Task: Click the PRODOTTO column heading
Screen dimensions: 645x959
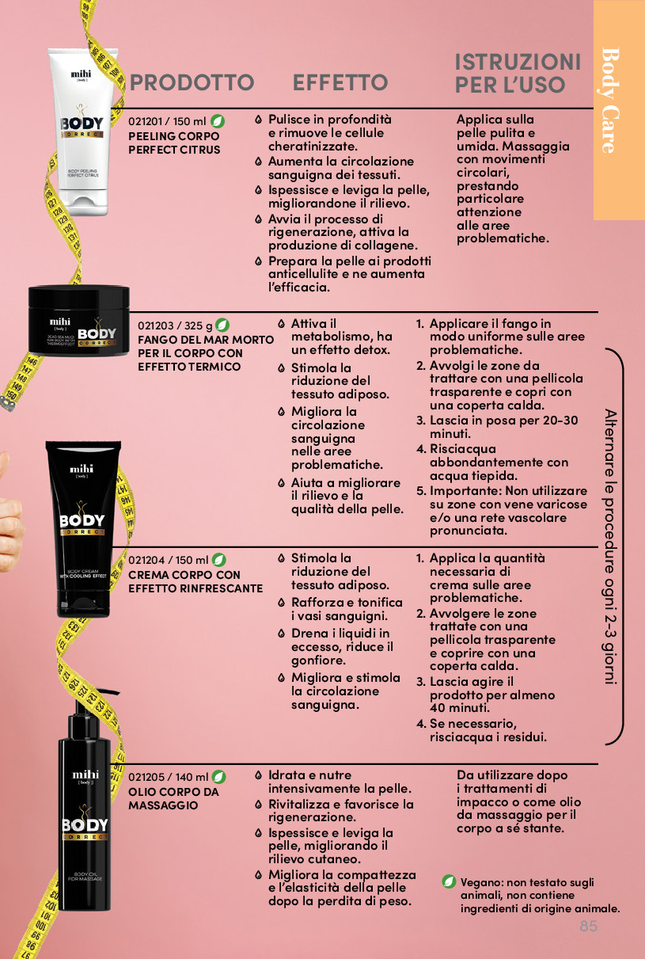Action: pos(192,82)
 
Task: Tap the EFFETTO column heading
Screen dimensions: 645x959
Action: pos(340,82)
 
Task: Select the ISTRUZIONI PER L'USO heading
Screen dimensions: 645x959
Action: pos(518,73)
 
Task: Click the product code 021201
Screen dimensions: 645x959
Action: pos(146,122)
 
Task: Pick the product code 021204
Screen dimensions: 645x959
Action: pos(146,560)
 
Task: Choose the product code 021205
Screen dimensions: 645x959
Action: pos(146,777)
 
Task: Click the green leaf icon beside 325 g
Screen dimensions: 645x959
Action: pos(222,325)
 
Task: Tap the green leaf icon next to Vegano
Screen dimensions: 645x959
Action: pos(449,881)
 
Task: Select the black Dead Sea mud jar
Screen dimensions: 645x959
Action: pos(78,320)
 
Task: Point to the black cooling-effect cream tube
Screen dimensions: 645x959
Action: pos(83,529)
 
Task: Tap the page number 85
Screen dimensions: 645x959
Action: pos(588,926)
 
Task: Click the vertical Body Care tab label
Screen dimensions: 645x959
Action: pos(610,101)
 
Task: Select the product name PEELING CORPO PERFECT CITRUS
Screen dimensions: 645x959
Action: pos(174,143)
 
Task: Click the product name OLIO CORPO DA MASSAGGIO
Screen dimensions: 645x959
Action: pos(173,798)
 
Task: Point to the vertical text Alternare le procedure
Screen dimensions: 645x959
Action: pos(611,546)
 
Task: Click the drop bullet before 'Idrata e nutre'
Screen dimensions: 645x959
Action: pos(258,775)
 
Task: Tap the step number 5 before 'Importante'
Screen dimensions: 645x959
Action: pos(421,491)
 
